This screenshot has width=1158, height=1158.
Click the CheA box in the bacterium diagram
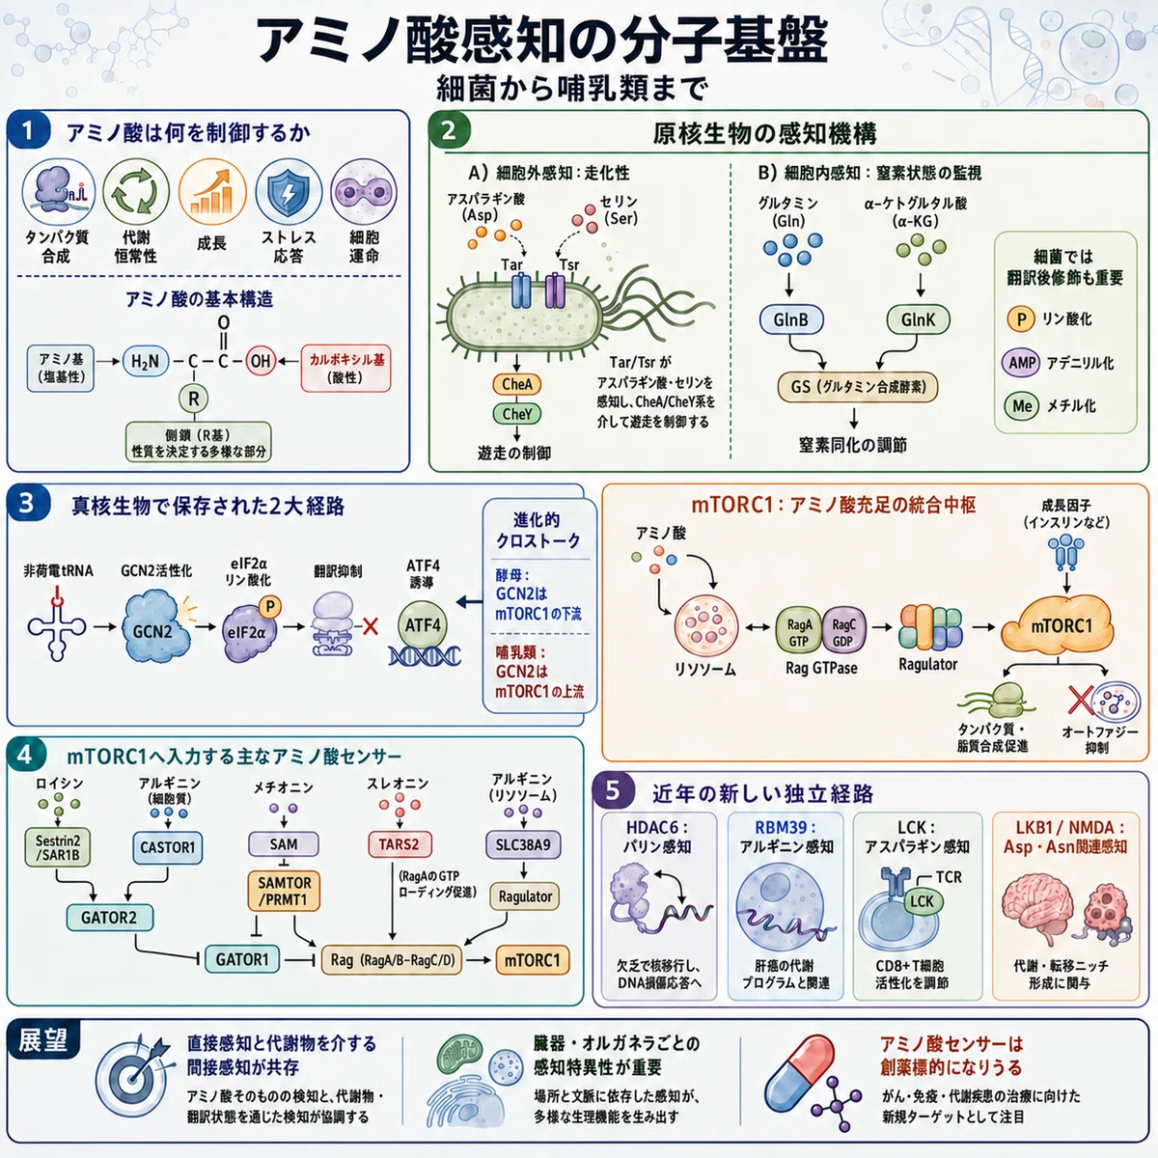(x=517, y=385)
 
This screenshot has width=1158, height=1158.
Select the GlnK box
(x=918, y=319)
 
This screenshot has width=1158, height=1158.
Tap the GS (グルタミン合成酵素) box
(x=858, y=387)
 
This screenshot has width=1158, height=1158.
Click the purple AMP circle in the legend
(x=1021, y=363)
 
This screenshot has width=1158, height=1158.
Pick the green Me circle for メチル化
(x=1022, y=406)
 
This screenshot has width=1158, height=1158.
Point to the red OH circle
(x=261, y=361)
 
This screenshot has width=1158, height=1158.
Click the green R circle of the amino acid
(x=194, y=398)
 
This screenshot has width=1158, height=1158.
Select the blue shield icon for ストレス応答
(x=289, y=192)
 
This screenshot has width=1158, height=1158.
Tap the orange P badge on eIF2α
(x=270, y=607)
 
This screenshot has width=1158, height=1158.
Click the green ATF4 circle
(x=423, y=625)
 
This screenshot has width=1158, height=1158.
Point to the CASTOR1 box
(x=168, y=847)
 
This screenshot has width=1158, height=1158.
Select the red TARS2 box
(x=399, y=843)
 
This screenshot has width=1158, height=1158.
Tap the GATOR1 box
(x=242, y=959)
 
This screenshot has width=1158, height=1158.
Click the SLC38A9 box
(x=523, y=845)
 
